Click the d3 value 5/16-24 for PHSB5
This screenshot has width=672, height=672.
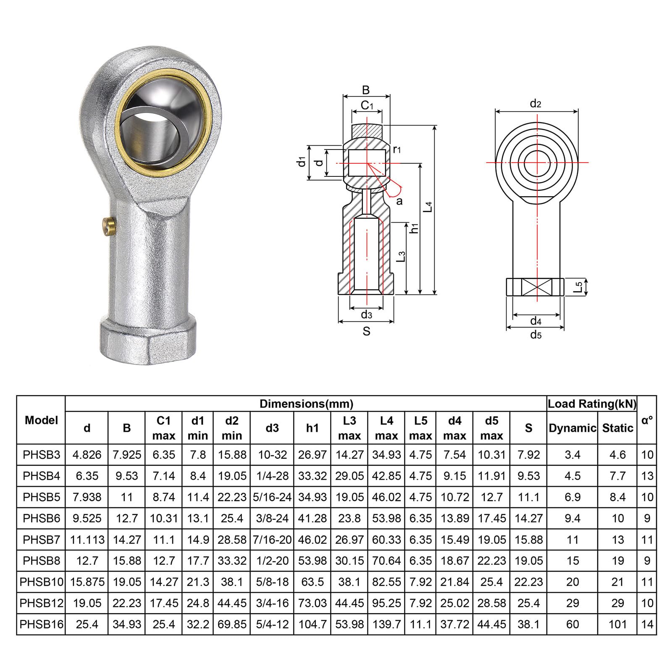[x=272, y=497]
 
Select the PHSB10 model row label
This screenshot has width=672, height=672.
[x=42, y=582]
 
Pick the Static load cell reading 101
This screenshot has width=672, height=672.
[x=617, y=624]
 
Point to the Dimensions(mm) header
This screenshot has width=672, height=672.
[x=306, y=404]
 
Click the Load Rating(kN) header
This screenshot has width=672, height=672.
[x=592, y=404]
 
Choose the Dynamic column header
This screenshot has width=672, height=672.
[x=572, y=428]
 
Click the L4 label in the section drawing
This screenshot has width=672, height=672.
[x=428, y=206]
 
